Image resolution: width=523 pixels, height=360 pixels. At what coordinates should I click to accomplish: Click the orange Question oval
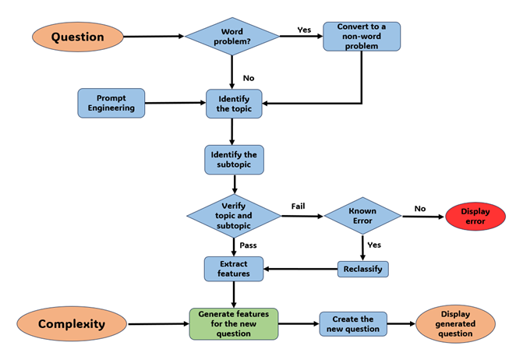point(78,37)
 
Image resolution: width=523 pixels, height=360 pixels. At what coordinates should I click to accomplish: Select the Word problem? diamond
point(232,37)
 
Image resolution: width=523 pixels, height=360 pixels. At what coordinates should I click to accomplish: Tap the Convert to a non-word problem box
point(361,37)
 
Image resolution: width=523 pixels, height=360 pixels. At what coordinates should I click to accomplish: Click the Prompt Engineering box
point(111,103)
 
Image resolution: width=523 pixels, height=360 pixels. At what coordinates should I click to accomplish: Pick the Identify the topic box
point(233,103)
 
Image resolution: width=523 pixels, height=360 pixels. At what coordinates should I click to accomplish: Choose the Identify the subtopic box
point(233,161)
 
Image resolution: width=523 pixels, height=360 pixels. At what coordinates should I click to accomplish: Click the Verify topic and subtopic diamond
point(233,216)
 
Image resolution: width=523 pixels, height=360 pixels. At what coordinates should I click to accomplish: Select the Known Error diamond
point(362,216)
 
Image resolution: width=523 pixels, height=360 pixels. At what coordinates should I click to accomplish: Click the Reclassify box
point(362,269)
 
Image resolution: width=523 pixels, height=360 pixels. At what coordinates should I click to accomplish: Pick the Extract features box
point(233,269)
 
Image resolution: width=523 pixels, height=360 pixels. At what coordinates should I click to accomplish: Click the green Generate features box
point(233,323)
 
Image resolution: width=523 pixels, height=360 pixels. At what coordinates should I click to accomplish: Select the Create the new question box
point(352,323)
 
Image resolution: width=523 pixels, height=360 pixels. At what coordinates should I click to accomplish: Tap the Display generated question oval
point(455,323)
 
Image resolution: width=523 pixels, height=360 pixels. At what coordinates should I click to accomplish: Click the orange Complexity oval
point(72,323)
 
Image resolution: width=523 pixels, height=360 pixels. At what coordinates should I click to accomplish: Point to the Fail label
point(298,206)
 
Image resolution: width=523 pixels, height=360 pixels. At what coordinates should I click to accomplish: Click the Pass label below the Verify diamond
point(248,245)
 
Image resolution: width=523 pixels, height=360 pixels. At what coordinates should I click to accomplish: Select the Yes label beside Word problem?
point(304,30)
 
